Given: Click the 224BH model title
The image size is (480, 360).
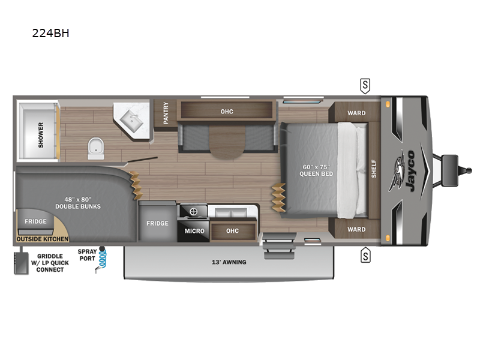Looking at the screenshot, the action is pyautogui.click(x=50, y=33).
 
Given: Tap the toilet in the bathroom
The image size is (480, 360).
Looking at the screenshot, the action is pyautogui.click(x=96, y=148).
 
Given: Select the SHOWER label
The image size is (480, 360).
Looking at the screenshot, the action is pyautogui.click(x=41, y=135).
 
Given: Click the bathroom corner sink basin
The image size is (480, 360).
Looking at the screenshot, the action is pyautogui.click(x=131, y=121).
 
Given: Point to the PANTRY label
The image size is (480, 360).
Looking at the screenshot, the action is pyautogui.click(x=166, y=113).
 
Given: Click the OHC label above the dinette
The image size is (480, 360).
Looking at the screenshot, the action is pyautogui.click(x=227, y=112).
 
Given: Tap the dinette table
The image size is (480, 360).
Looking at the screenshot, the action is pyautogui.click(x=227, y=142).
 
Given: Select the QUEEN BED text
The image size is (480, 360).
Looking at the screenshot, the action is pyautogui.click(x=316, y=174).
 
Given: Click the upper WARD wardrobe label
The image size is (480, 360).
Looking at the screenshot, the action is pyautogui.click(x=356, y=113).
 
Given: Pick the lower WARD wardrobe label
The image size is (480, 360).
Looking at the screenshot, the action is pyautogui.click(x=356, y=229).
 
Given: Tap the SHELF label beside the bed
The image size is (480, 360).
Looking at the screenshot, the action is pyautogui.click(x=374, y=169).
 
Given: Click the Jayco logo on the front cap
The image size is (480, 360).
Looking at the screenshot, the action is pyautogui.click(x=403, y=171).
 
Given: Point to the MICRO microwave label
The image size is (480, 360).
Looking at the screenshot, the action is pyautogui.click(x=194, y=231).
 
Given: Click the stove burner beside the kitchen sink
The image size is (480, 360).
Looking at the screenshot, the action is pyautogui.click(x=193, y=211).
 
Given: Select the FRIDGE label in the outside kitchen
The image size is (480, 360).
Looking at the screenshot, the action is pyautogui.click(x=35, y=221).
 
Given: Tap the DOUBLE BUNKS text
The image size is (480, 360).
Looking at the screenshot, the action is pyautogui.click(x=78, y=206).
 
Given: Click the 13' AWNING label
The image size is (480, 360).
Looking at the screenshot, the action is pyautogui.click(x=229, y=262).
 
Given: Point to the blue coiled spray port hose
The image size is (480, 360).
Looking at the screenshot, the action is pyautogui.click(x=103, y=259).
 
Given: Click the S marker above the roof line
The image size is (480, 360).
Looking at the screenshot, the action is pyautogui.click(x=365, y=86).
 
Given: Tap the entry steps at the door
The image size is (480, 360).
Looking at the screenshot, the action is pyautogui.click(x=279, y=246).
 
